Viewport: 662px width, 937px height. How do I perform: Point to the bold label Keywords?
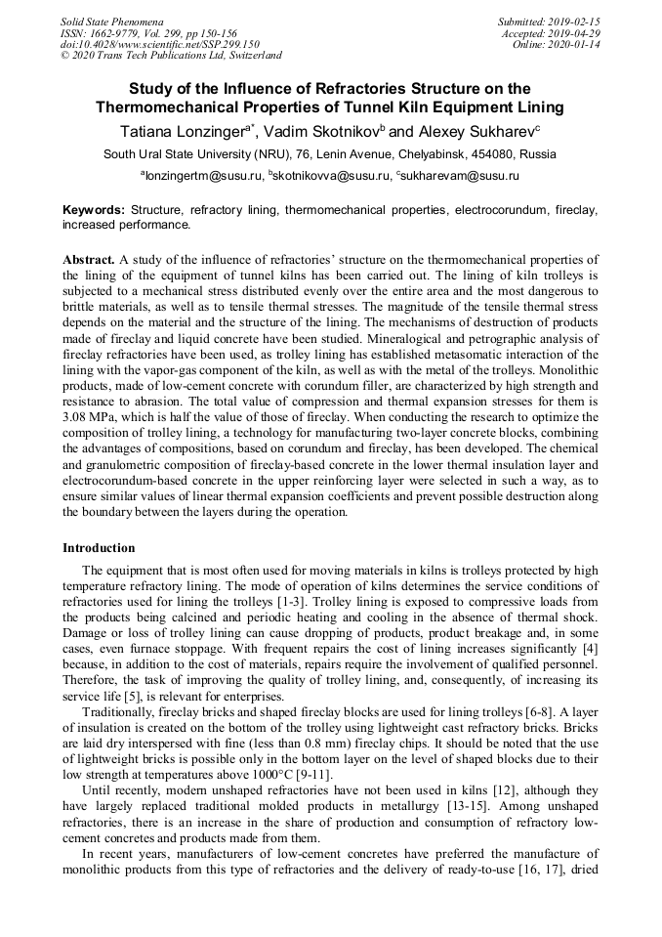click(94, 210)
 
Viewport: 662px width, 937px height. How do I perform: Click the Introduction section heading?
click(99, 548)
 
